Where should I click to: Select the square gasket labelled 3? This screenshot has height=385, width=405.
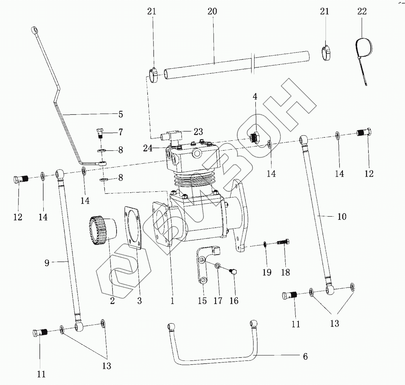(135, 228)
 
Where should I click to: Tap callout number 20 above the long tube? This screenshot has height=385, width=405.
(212, 12)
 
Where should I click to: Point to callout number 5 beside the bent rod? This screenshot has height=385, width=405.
(120, 114)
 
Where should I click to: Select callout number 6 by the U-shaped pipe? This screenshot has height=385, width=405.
(305, 357)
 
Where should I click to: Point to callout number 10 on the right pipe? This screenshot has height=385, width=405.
(341, 217)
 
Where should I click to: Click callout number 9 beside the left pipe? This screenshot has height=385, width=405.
(47, 263)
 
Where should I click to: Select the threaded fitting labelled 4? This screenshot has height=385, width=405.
(254, 137)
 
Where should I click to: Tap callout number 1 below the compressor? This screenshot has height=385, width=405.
(172, 301)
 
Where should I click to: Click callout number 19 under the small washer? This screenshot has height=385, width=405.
(267, 272)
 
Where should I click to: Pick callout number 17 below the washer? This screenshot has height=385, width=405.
(217, 301)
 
